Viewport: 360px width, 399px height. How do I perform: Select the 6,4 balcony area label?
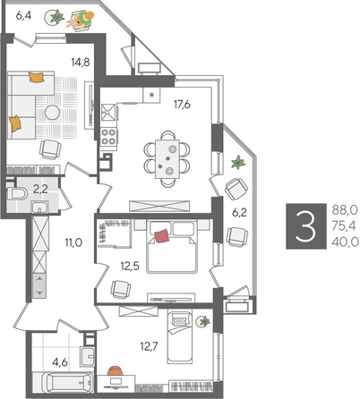click(24, 15)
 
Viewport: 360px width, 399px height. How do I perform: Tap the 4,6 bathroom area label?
click(59, 363)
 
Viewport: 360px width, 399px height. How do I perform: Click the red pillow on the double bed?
click(162, 235)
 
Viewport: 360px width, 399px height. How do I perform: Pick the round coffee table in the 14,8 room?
click(53, 114)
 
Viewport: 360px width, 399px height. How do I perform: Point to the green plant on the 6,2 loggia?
click(238, 163)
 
